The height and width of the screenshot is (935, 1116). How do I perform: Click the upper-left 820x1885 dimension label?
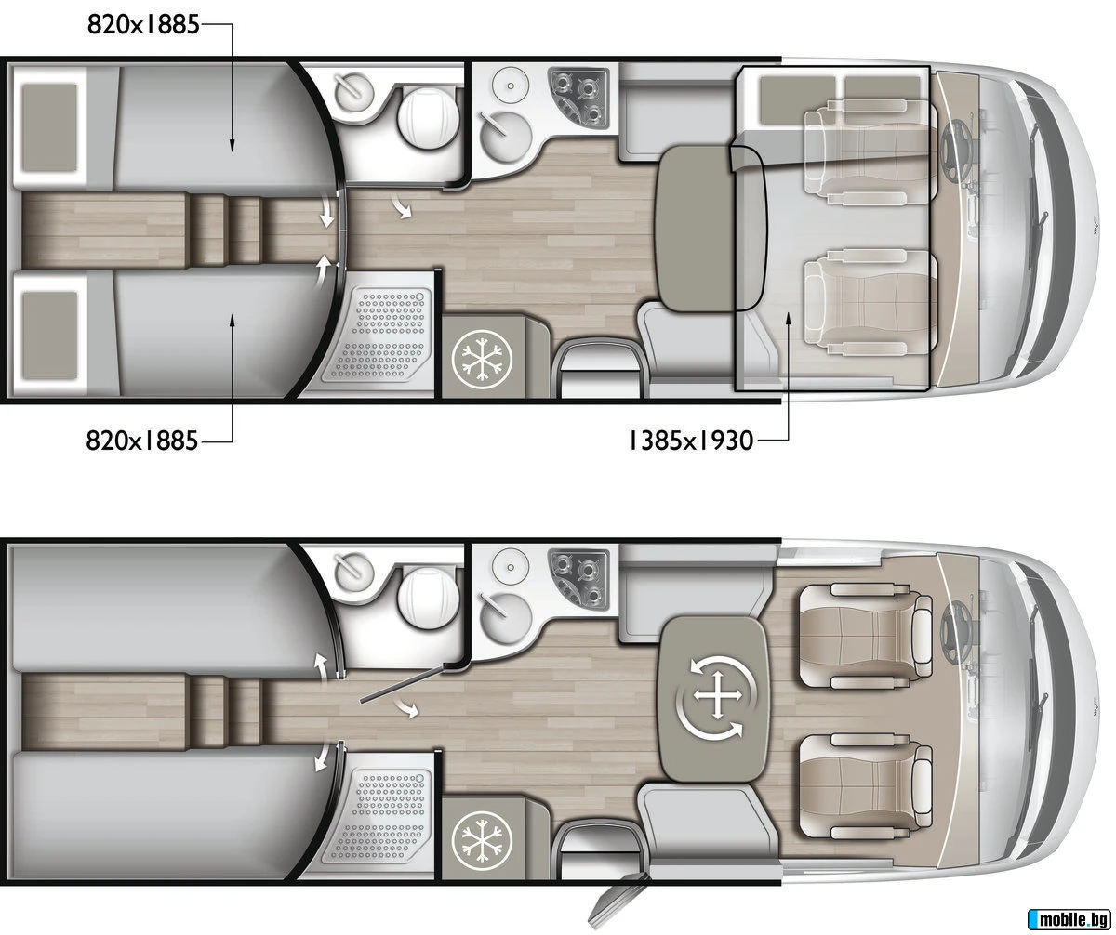coord(141,25)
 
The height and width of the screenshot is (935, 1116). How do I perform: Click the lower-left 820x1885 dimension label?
coord(141,441)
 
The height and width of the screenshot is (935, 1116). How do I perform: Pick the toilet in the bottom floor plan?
coord(428,599)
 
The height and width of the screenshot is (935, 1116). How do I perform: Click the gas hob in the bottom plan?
coord(577,577)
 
